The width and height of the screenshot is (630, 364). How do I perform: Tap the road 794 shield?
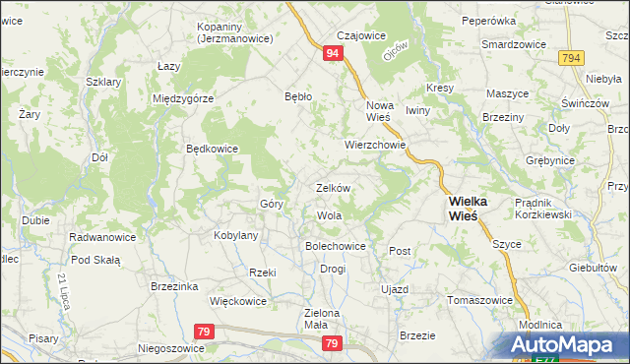(570, 60)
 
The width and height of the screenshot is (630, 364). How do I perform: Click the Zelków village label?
(334, 187)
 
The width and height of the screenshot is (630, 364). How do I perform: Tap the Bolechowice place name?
(336, 246)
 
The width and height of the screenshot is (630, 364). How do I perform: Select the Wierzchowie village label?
(375, 144)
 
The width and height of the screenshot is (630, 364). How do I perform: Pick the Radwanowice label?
(101, 237)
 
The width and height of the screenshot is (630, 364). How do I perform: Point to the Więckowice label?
(239, 301)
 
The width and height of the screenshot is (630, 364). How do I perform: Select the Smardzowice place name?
(514, 44)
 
